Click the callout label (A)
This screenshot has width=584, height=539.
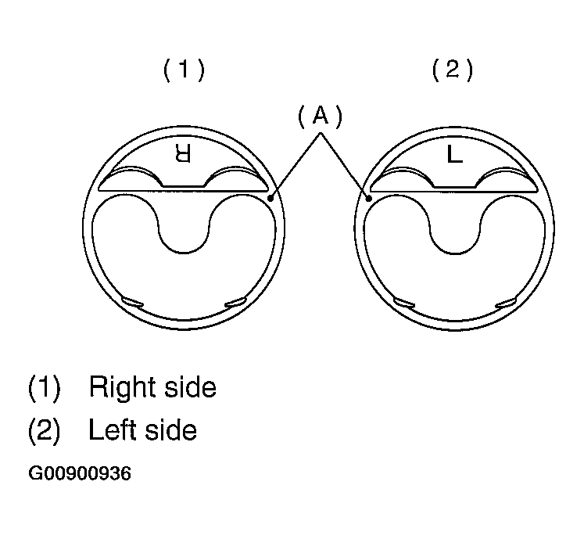click(x=320, y=117)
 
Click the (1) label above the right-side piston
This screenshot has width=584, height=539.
click(x=184, y=70)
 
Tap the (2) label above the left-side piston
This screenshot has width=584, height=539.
click(x=453, y=70)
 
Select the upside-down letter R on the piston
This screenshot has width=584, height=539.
click(x=183, y=153)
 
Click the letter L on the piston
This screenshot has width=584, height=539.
click(x=454, y=153)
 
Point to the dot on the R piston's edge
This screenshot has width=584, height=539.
click(x=271, y=198)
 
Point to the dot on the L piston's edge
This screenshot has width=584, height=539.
click(x=369, y=198)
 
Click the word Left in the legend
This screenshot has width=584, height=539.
click(x=113, y=429)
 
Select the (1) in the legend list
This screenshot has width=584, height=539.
click(x=44, y=388)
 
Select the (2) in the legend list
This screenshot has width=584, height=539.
click(x=44, y=430)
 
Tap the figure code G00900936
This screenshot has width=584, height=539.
click(x=80, y=474)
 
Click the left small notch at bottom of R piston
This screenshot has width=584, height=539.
click(x=133, y=302)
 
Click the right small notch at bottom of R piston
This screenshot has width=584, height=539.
click(x=235, y=302)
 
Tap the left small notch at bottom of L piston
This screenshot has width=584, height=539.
click(x=404, y=303)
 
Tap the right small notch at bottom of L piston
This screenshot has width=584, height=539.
click(x=506, y=303)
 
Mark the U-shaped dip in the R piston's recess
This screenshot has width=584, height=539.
click(x=183, y=253)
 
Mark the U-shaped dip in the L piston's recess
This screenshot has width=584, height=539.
click(x=455, y=253)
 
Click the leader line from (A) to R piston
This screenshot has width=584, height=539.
click(x=296, y=166)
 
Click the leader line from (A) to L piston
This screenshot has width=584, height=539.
click(x=345, y=166)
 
